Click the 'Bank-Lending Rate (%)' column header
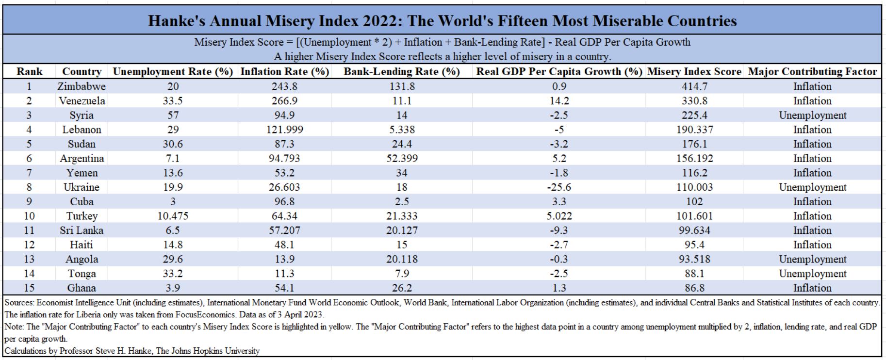[402, 72]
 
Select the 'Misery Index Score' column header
[694, 72]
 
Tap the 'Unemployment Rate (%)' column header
[173, 72]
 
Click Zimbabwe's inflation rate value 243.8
[285, 86]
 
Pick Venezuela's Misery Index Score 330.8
[694, 101]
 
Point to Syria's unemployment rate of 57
[173, 115]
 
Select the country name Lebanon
[82, 130]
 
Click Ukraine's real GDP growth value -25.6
[559, 187]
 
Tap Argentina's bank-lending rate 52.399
[402, 159]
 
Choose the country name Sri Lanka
[82, 230]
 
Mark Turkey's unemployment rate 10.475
[173, 216]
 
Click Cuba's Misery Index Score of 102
[694, 202]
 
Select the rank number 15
[29, 288]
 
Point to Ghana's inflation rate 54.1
[285, 288]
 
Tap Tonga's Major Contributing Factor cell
[813, 274]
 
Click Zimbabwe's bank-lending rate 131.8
[402, 86]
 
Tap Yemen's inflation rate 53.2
[285, 173]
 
